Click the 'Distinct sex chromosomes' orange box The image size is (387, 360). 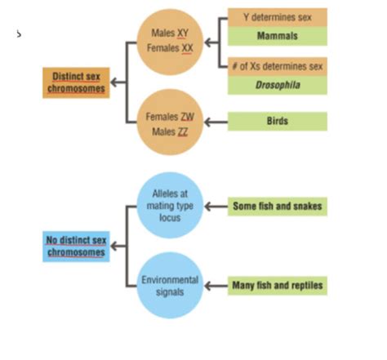74,82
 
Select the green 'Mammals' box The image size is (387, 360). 277,37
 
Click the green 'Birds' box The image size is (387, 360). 277,122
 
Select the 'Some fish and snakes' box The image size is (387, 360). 277,207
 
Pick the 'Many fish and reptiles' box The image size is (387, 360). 277,286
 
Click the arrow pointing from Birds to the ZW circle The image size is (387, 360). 216,122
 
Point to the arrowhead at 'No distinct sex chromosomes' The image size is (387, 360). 113,246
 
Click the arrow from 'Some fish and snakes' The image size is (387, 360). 216,207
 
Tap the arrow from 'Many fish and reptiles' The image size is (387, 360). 216,286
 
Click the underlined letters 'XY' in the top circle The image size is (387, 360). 184,33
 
